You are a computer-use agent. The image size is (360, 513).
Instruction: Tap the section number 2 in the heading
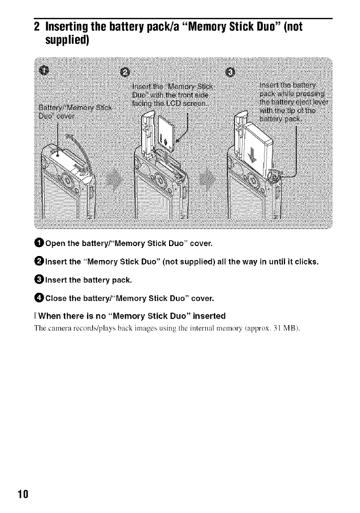point(36,26)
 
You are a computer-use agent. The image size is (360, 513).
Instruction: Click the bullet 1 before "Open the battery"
point(39,244)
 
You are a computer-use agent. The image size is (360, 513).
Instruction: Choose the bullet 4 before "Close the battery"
point(39,299)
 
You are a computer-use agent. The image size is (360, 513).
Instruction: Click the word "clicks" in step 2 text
point(304,262)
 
